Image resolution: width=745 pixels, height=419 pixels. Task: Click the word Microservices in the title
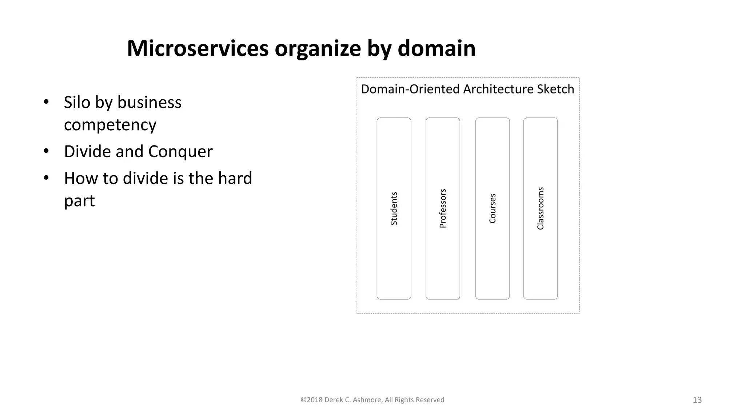pyautogui.click(x=198, y=48)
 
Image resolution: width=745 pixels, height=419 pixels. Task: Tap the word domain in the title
pyautogui.click(x=436, y=48)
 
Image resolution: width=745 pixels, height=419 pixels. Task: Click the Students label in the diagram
pyautogui.click(x=394, y=209)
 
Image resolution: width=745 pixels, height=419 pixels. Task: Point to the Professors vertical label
pyautogui.click(x=443, y=209)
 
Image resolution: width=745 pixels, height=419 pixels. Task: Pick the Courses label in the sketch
pyautogui.click(x=493, y=209)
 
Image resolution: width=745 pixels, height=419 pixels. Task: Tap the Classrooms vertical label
pyautogui.click(x=541, y=209)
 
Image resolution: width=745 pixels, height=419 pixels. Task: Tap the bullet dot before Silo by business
pyautogui.click(x=46, y=102)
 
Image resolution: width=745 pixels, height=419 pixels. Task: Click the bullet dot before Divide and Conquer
pyautogui.click(x=46, y=151)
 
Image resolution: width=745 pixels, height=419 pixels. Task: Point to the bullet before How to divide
pyautogui.click(x=46, y=178)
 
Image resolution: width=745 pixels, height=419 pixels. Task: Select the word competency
pyautogui.click(x=110, y=125)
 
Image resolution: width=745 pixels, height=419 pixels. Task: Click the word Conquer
pyautogui.click(x=180, y=151)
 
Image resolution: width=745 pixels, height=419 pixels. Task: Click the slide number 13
pyautogui.click(x=697, y=400)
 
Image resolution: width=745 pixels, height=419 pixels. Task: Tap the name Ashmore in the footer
pyautogui.click(x=367, y=400)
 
